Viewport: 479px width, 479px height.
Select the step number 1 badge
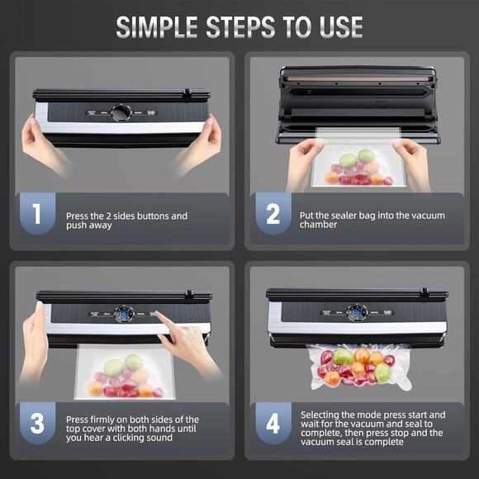[x=36, y=214]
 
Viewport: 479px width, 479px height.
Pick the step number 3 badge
[x=36, y=423]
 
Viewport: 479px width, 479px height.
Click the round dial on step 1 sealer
[x=121, y=112]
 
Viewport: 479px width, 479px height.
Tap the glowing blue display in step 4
[x=357, y=313]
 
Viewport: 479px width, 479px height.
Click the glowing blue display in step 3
[x=124, y=315]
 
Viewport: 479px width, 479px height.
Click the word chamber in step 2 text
[x=318, y=225]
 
